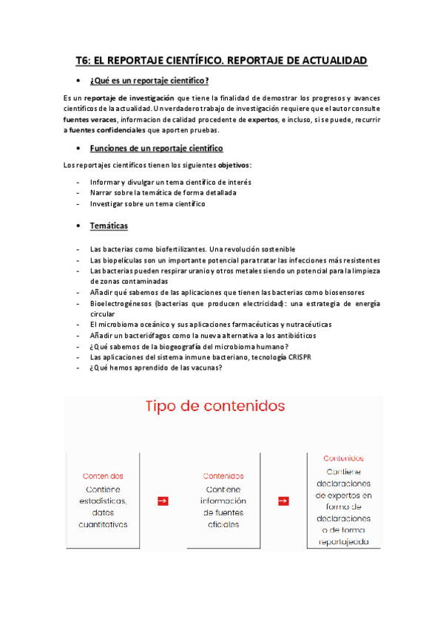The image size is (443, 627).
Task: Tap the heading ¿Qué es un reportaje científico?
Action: [149, 81]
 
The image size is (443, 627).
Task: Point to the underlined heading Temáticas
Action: [109, 226]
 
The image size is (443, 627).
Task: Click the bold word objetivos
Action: [230, 165]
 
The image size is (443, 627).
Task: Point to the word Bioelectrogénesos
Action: [121, 303]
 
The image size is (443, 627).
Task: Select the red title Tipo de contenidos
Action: [214, 406]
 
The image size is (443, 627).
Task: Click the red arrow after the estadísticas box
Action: [163, 501]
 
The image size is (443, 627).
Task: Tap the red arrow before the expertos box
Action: [283, 501]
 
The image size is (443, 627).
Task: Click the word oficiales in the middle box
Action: [223, 524]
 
